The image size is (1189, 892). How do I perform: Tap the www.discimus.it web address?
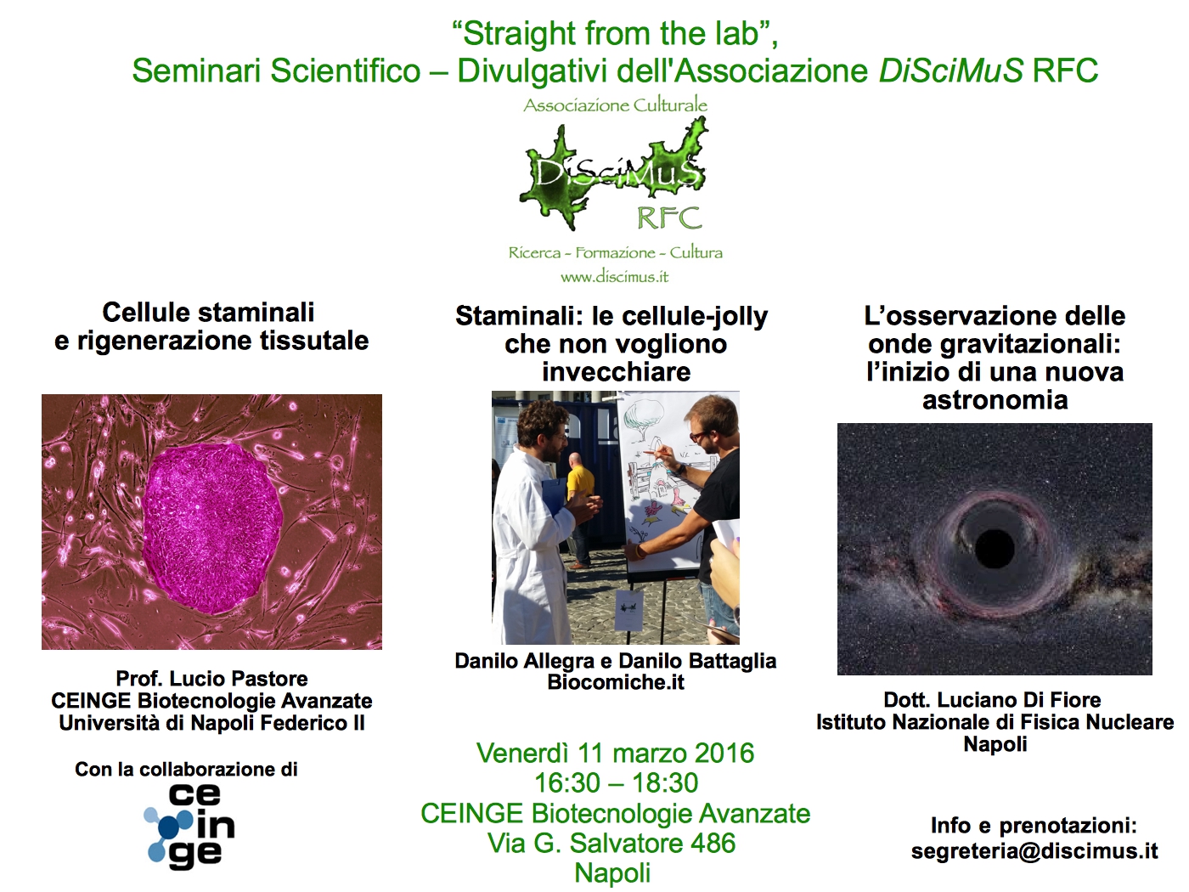coord(614,277)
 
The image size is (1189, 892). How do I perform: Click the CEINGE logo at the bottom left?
coord(189,826)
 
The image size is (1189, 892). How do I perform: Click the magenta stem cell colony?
coord(212,528)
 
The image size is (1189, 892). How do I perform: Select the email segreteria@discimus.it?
coord(1034,851)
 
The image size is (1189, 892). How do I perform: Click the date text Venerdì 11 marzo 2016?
coord(615,754)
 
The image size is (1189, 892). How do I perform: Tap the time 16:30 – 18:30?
coord(616,783)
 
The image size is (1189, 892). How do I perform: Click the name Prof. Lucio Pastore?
coord(211,679)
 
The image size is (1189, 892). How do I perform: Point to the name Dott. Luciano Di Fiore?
coord(992,700)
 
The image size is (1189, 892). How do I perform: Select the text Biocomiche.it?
coord(616,682)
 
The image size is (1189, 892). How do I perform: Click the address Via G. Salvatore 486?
coord(611,844)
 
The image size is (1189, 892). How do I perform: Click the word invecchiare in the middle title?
coord(617,372)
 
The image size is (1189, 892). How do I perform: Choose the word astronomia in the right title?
coord(995,400)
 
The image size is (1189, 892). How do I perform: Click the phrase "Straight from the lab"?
coord(615,34)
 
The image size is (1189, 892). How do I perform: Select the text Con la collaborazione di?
coord(186,769)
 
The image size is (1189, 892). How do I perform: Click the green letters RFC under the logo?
coord(669,218)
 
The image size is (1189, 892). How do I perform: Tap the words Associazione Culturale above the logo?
coord(616,105)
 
